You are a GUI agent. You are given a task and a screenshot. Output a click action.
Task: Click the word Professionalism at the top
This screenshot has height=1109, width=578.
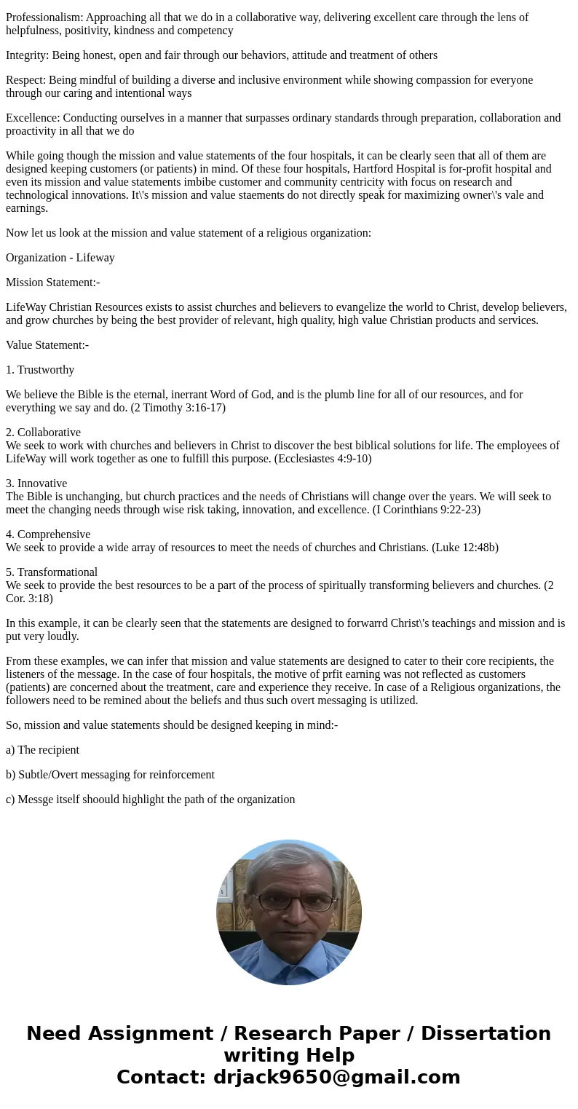(x=44, y=17)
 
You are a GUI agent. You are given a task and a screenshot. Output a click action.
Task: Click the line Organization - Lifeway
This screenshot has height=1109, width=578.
(x=60, y=258)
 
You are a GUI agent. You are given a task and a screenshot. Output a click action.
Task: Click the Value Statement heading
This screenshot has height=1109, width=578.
(x=47, y=345)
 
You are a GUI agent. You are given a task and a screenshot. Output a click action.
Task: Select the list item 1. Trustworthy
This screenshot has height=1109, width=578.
(x=40, y=370)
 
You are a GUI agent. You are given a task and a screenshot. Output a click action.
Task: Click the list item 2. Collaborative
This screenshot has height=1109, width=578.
(x=43, y=433)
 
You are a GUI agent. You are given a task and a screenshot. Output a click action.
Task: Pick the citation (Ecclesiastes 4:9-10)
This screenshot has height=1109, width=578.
(x=310, y=459)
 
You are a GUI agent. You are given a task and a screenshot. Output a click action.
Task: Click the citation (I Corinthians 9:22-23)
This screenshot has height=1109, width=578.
(x=427, y=510)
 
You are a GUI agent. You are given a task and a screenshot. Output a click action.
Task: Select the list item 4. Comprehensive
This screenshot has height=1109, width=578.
(x=48, y=534)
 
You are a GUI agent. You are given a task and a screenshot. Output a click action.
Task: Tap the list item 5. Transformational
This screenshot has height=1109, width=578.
(x=52, y=572)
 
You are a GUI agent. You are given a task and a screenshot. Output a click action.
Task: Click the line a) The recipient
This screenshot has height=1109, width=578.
(x=42, y=750)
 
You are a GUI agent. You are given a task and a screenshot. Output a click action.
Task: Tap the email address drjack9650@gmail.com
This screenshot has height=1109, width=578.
(x=336, y=1078)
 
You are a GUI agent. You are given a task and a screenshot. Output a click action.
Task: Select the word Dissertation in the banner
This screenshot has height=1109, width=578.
(x=486, y=1034)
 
